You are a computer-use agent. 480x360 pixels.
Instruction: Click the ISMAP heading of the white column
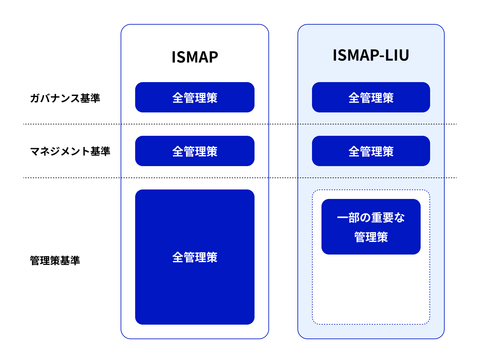point(195,57)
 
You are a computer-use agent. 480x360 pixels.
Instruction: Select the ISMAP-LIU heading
point(371,55)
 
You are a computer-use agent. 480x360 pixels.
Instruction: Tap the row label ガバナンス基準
point(65,98)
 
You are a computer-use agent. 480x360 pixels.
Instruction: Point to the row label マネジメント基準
point(70,151)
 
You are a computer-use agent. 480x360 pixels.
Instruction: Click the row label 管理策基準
point(55,261)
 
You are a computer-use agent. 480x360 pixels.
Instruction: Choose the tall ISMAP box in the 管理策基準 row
point(195,284)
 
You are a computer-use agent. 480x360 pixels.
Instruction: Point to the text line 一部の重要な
point(371,218)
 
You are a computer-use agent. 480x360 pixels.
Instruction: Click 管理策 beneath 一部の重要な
point(371,237)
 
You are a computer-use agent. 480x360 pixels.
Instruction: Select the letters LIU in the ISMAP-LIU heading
point(398,55)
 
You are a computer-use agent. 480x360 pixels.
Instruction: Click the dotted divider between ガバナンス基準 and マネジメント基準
point(73,124)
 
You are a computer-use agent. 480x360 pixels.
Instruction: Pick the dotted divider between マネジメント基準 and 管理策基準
point(73,178)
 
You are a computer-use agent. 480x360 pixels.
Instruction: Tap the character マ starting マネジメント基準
point(35,151)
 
